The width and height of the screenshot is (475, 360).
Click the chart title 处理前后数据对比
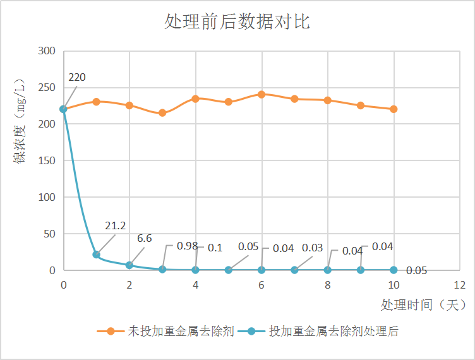click(237, 22)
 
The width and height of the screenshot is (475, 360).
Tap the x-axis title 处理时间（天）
click(424, 304)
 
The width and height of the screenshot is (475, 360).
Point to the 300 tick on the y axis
click(47, 51)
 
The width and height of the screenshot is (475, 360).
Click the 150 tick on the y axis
click(47, 160)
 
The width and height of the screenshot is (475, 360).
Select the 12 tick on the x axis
click(459, 285)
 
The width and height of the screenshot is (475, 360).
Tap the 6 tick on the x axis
click(261, 285)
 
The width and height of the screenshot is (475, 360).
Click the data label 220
click(77, 78)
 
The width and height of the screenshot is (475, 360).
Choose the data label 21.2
click(116, 226)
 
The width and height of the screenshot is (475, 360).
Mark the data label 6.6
click(145, 239)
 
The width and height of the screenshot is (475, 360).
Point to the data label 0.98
click(187, 246)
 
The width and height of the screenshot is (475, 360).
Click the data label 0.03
click(312, 248)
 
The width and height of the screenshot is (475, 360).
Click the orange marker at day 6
click(262, 94)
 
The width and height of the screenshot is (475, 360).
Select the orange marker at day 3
click(162, 113)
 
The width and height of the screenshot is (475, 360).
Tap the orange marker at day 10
click(394, 109)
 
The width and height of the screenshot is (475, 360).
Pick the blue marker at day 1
click(96, 255)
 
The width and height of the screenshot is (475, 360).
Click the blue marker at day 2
click(129, 265)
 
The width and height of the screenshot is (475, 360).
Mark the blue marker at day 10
click(394, 270)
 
